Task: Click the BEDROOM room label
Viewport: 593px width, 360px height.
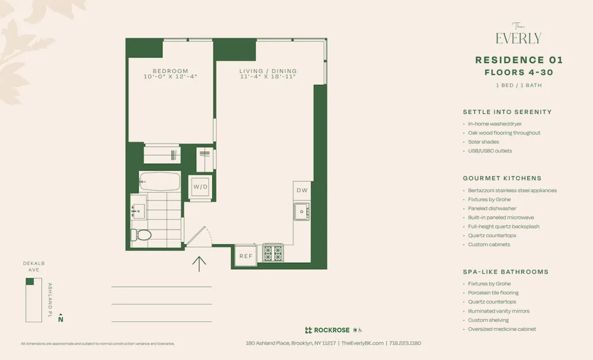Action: click(x=170, y=71)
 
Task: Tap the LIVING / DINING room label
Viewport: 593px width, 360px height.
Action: click(x=268, y=71)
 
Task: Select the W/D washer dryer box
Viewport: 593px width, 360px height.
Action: click(x=200, y=187)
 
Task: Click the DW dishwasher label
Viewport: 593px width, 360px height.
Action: click(x=302, y=190)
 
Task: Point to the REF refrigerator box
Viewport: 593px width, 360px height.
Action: click(x=246, y=256)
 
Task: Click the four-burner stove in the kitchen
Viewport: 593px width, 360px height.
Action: click(x=273, y=253)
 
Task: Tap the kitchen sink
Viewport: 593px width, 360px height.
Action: click(x=302, y=211)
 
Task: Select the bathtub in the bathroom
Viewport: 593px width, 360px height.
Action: click(x=160, y=181)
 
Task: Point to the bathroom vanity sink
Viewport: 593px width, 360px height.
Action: click(x=138, y=209)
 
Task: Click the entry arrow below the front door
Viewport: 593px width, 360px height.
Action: click(x=199, y=263)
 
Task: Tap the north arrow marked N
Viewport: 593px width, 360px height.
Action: click(x=60, y=318)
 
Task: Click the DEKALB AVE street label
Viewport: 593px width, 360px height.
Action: click(x=34, y=266)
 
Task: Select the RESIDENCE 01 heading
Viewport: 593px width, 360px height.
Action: click(x=519, y=60)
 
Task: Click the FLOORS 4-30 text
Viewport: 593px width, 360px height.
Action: click(x=519, y=72)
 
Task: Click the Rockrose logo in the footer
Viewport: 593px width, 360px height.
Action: click(x=327, y=330)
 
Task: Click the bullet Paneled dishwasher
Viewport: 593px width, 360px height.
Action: click(x=492, y=209)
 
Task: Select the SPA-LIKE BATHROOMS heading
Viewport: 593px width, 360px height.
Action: click(x=505, y=272)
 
